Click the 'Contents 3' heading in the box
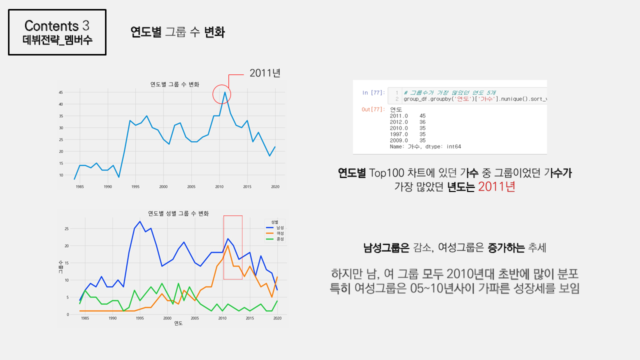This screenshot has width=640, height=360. click(57, 25)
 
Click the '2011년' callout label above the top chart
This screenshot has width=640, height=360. click(265, 73)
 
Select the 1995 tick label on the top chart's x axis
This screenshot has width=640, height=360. click(135, 186)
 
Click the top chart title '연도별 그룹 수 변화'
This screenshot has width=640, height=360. click(175, 84)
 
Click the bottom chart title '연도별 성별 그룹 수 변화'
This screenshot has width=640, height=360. click(178, 213)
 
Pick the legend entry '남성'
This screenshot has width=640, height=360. click(280, 228)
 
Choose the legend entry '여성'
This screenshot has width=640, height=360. click(280, 233)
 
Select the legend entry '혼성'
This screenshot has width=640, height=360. click(280, 239)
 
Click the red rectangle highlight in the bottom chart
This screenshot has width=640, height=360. click(233, 247)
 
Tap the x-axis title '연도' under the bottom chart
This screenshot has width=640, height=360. click(178, 323)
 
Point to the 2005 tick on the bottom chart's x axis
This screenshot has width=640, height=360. click(195, 318)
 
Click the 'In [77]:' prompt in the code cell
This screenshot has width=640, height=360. click(372, 93)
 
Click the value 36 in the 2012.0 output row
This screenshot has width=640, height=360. click(422, 122)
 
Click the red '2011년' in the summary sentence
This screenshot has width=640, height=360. click(496, 187)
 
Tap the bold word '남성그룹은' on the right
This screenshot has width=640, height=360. click(386, 247)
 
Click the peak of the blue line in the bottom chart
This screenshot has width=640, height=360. click(140, 221)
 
